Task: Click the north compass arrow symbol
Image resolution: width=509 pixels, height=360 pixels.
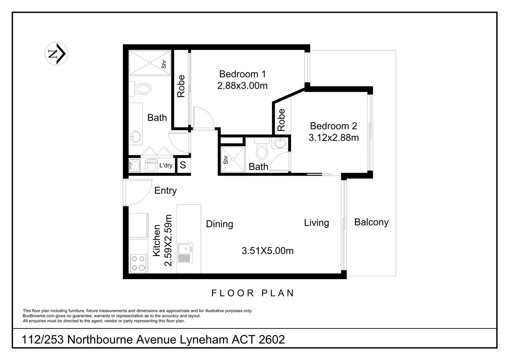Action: click(56, 54)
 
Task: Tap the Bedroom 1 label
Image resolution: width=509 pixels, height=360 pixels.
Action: click(242, 74)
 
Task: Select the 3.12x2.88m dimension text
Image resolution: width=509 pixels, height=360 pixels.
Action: click(333, 138)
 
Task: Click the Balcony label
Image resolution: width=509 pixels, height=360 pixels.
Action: click(371, 222)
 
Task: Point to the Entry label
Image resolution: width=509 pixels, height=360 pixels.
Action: click(165, 191)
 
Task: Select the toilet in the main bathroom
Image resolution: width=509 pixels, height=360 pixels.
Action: click(142, 89)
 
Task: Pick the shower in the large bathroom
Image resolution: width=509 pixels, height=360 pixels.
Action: click(150, 63)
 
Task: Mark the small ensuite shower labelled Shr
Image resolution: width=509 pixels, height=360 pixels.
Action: click(233, 159)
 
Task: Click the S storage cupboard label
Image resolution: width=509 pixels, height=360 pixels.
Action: click(183, 165)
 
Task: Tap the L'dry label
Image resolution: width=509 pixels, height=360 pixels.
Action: click(166, 165)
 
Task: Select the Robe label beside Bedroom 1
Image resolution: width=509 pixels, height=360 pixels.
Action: click(181, 86)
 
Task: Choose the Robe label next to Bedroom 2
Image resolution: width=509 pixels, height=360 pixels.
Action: click(281, 120)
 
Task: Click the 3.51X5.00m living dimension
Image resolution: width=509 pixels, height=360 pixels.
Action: click(267, 251)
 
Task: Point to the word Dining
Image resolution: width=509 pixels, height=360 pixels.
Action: click(219, 224)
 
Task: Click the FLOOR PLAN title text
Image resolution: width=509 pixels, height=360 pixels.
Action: click(253, 293)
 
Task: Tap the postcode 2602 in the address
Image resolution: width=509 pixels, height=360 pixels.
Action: click(272, 340)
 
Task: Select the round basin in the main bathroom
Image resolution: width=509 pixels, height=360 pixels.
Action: click(135, 137)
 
